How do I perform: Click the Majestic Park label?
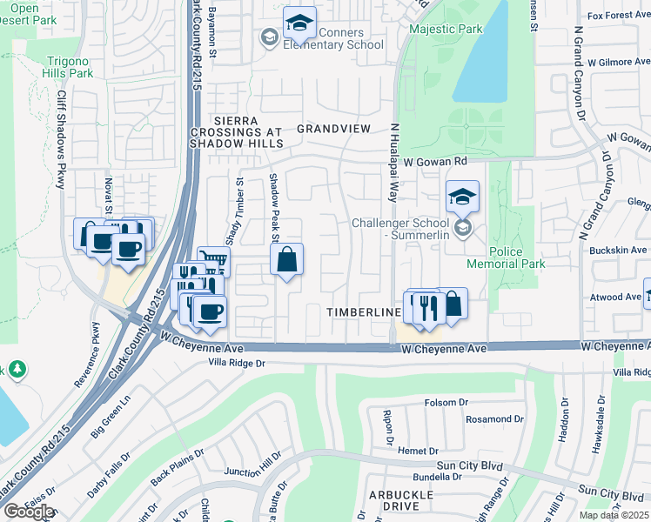pos(446,30)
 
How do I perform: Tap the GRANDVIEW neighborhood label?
pos(333,129)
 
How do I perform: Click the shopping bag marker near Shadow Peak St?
pos(286,260)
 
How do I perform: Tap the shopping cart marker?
pos(213,260)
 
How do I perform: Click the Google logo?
pos(28,512)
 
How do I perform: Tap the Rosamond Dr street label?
pos(492,419)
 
